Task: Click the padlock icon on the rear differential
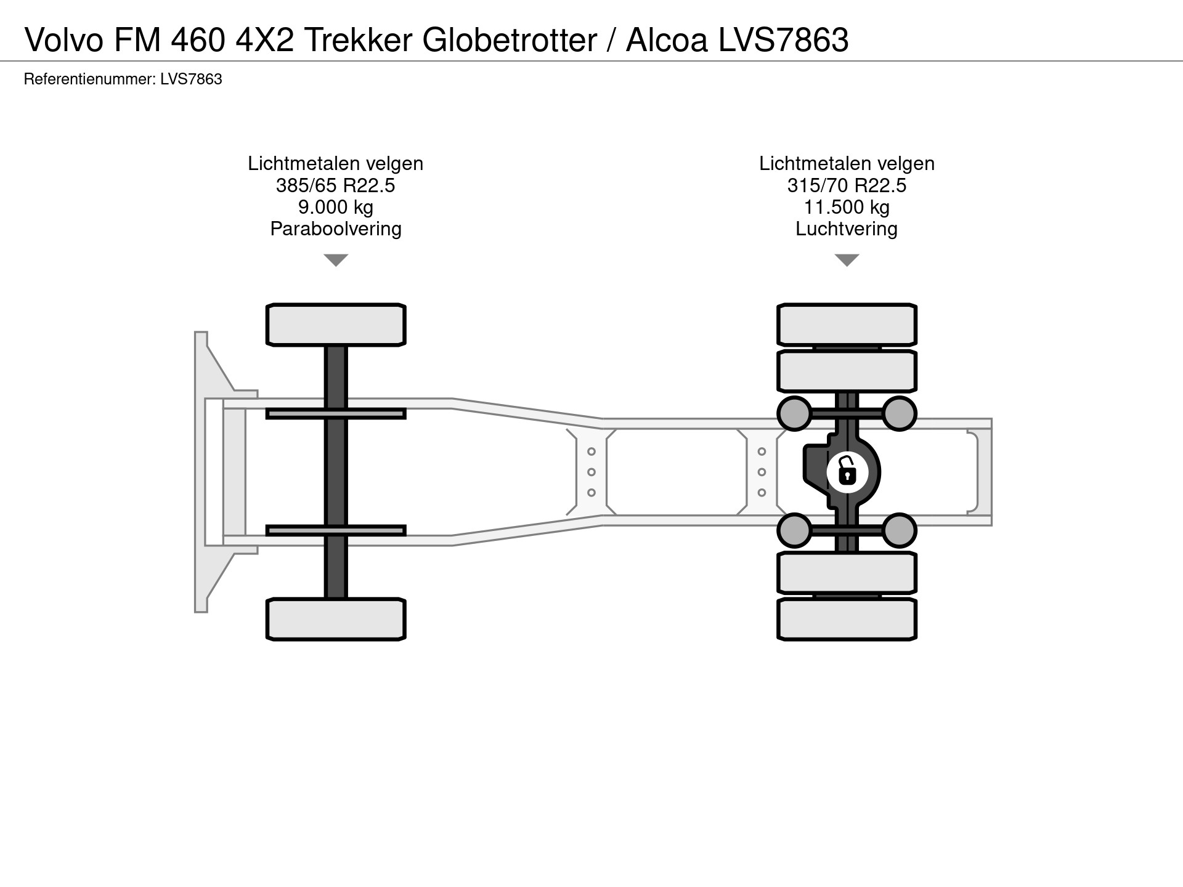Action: (847, 472)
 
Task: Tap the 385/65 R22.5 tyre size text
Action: (335, 185)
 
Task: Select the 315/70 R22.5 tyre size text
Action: (847, 185)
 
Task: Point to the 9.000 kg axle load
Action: (335, 207)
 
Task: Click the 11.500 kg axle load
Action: (847, 207)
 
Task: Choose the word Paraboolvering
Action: (335, 229)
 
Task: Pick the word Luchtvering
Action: (847, 229)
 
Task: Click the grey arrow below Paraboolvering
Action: (336, 260)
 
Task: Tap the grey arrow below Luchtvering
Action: (847, 260)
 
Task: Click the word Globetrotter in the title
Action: (510, 41)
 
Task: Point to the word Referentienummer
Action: (89, 79)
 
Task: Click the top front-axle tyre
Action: (336, 325)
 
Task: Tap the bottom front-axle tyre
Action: (336, 619)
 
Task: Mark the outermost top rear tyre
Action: (847, 325)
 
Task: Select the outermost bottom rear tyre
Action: (847, 619)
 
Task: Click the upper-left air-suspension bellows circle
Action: (794, 413)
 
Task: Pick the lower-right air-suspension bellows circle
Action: (899, 530)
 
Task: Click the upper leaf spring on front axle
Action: (336, 413)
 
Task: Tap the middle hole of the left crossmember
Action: (591, 472)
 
